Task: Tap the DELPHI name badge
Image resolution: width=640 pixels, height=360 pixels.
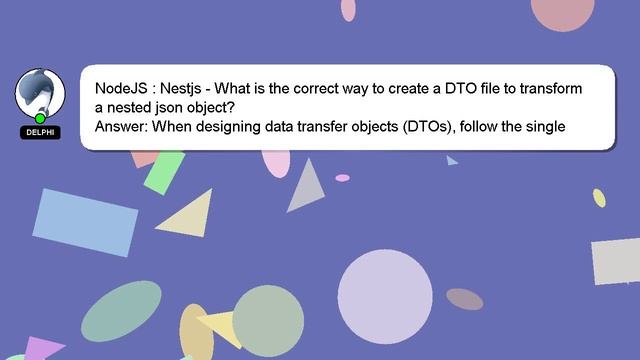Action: point(40,132)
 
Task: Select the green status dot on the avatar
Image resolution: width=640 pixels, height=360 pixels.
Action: point(40,118)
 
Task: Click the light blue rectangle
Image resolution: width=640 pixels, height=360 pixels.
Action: point(87,221)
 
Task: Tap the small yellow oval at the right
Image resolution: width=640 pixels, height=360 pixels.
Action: point(599,198)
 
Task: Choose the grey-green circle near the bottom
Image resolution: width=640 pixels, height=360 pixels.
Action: point(268,321)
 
